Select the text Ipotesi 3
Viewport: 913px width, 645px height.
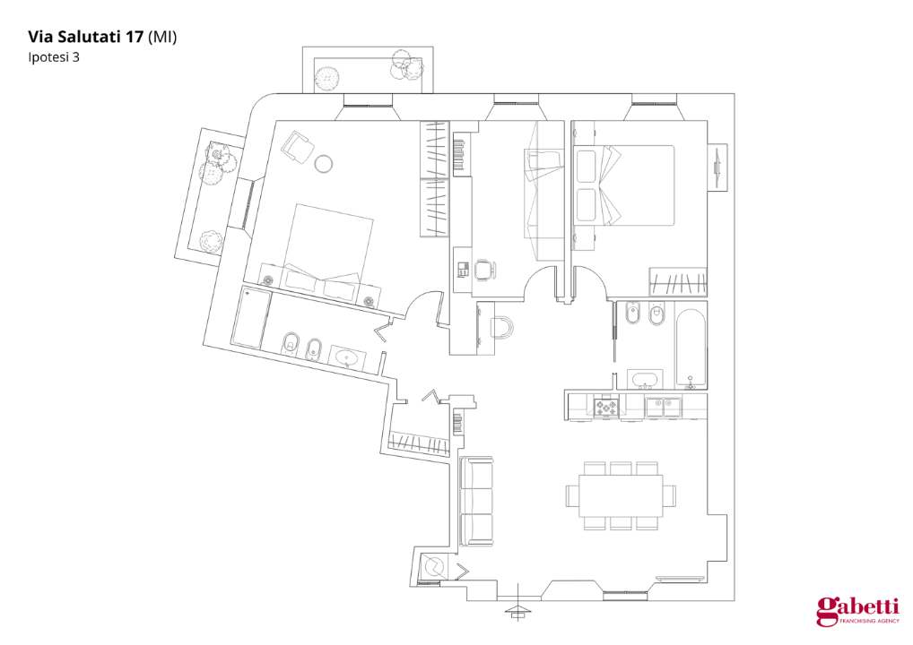click(55, 57)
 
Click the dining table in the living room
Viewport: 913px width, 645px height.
click(621, 495)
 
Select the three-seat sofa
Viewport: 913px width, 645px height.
click(476, 502)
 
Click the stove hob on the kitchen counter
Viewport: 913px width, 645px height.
click(607, 408)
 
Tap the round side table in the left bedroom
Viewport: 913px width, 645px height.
click(323, 163)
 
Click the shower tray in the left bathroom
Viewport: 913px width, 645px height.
click(250, 318)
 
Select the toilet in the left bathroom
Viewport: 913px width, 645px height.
click(291, 343)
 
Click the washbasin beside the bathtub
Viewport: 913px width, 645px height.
click(644, 379)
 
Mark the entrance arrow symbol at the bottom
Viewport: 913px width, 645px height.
click(517, 611)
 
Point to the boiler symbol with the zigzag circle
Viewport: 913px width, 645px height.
click(433, 568)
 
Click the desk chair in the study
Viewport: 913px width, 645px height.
click(484, 269)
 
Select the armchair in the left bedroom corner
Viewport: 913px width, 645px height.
click(296, 145)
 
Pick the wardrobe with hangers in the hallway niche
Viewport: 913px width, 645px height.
click(420, 443)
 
